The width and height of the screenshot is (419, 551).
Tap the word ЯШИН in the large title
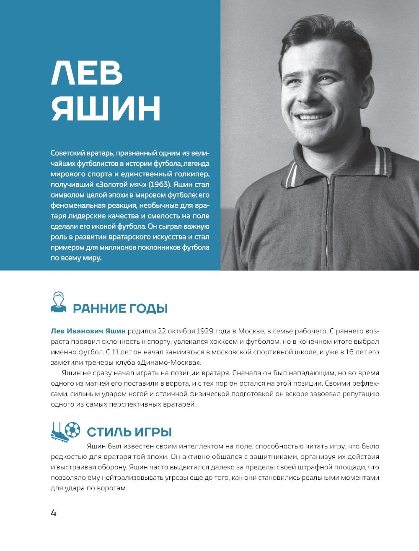pos(106,109)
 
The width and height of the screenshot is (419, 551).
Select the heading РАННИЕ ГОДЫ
pos(120,309)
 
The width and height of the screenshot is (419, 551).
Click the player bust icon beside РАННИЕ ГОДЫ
pos(59,302)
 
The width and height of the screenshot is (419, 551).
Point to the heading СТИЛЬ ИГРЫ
pos(129,432)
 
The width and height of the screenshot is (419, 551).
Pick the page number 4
pos(54,512)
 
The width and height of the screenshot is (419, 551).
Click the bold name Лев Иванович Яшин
pos(88,331)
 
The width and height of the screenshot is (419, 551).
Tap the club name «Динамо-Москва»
pos(174,363)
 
